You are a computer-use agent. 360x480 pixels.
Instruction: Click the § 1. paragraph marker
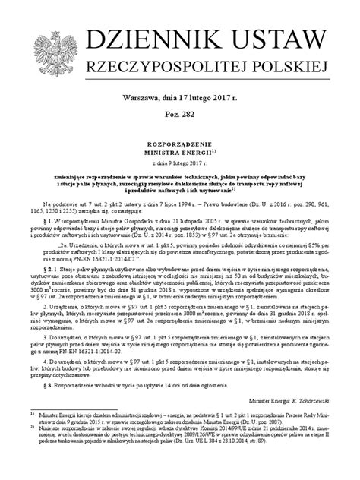(x=50, y=226)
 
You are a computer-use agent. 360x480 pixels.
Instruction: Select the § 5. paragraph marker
(x=50, y=384)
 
